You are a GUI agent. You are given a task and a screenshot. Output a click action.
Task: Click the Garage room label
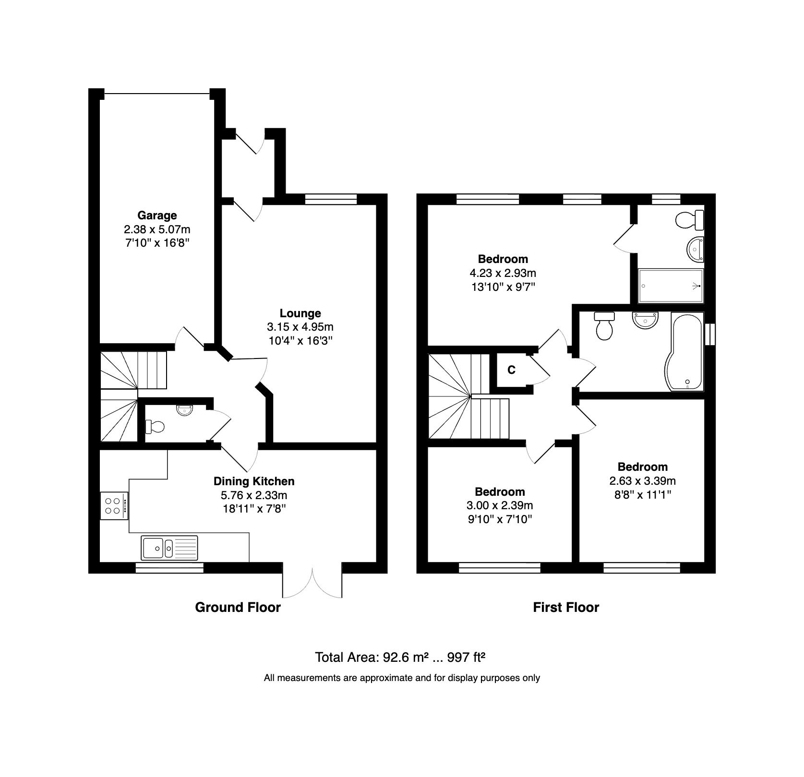[x=157, y=215]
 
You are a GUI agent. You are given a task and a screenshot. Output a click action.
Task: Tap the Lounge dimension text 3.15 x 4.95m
[x=300, y=327]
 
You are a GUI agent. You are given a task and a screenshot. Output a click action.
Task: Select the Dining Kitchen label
[x=254, y=481]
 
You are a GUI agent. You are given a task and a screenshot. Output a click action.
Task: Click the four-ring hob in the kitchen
[x=114, y=506]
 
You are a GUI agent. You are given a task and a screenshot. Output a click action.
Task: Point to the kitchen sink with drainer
[x=169, y=548]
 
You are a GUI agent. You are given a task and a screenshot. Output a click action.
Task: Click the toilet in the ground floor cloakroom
[x=156, y=426]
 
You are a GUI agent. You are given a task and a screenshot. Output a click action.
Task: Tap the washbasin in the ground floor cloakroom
[x=184, y=410]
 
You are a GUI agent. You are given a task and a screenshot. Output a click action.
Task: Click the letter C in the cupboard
[x=511, y=370]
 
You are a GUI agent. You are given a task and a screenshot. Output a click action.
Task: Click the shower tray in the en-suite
[x=671, y=286]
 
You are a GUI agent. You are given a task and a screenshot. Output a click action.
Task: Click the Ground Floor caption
[x=238, y=607]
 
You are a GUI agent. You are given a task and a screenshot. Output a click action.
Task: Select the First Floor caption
[x=566, y=607]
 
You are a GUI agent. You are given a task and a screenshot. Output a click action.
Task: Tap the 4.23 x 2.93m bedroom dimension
[x=503, y=273]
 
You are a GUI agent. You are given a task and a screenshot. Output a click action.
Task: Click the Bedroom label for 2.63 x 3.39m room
[x=642, y=466]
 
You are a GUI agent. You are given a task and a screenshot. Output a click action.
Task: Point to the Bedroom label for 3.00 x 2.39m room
[x=500, y=491]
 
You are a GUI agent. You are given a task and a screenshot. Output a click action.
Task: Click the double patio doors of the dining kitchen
[x=312, y=583]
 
